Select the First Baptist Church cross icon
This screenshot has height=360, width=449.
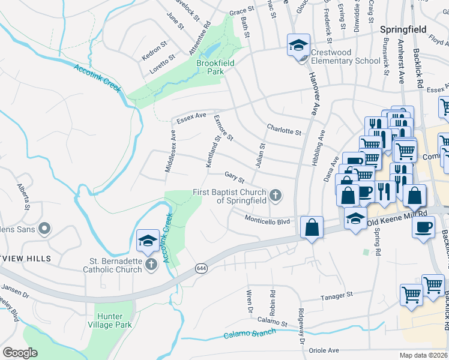(x=276, y=194)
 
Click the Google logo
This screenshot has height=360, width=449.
(x=20, y=352)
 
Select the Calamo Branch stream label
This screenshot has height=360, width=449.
(x=249, y=334)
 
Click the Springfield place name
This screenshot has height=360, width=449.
(x=403, y=29)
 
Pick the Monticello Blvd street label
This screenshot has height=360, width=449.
(x=267, y=220)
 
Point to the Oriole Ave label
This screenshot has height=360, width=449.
(x=324, y=350)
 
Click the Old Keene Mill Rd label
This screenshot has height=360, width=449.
(x=397, y=216)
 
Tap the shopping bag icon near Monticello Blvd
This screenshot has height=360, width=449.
(x=312, y=227)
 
